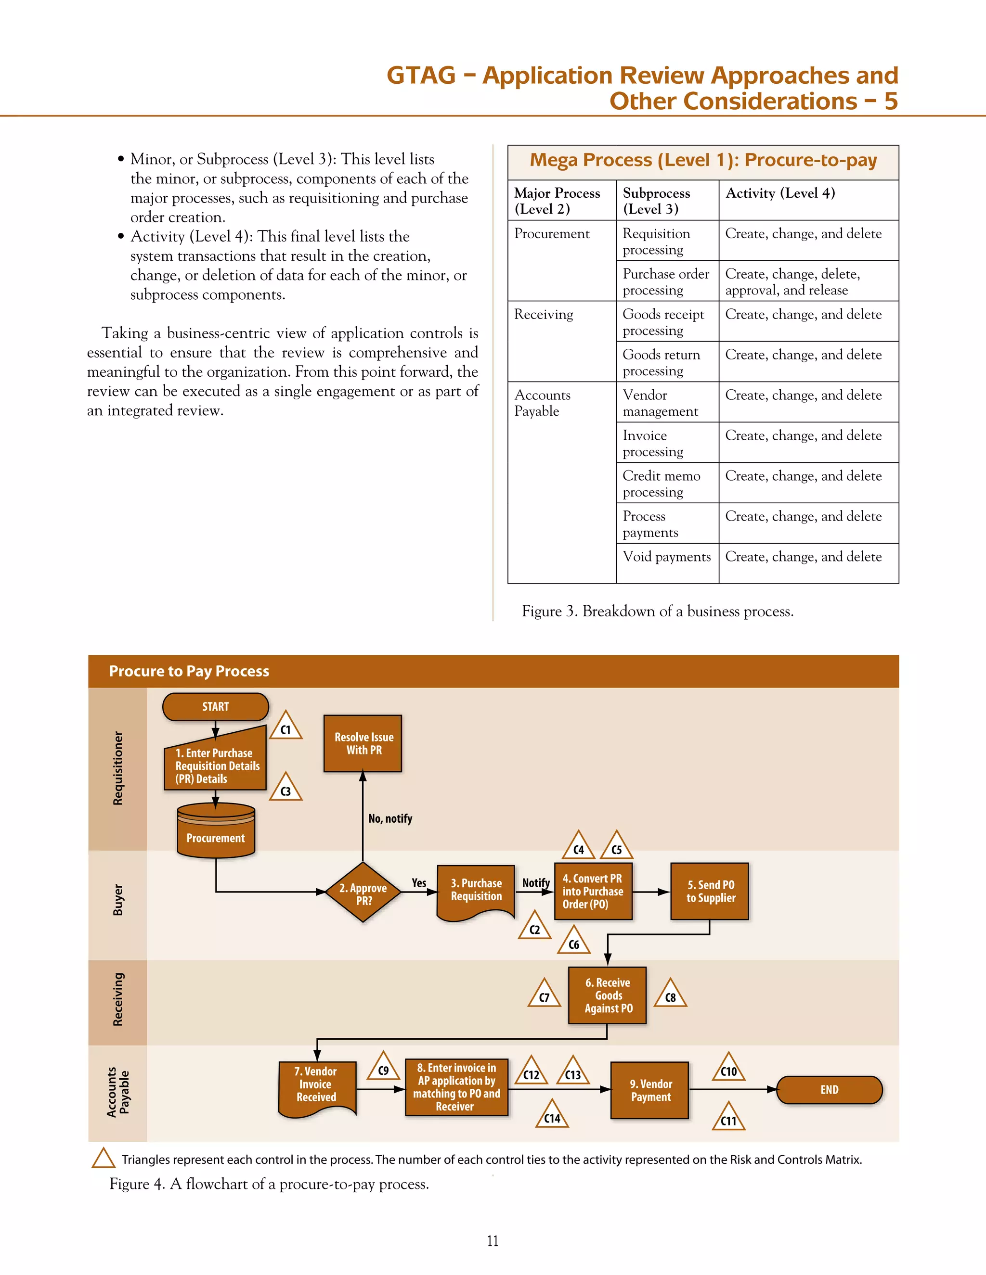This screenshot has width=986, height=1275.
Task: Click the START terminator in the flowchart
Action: tap(216, 706)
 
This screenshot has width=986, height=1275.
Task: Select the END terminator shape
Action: tap(829, 1090)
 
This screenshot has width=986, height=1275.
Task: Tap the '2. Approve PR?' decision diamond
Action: tap(363, 892)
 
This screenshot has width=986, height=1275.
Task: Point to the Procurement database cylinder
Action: tap(216, 831)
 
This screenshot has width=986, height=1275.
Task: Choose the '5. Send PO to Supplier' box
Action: tap(710, 892)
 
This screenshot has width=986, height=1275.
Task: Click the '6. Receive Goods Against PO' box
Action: tap(608, 995)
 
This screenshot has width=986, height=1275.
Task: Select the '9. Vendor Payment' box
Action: tap(650, 1090)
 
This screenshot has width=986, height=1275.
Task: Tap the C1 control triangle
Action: tap(285, 727)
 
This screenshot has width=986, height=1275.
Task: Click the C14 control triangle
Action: tap(552, 1116)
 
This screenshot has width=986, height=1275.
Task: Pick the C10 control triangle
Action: tap(728, 1069)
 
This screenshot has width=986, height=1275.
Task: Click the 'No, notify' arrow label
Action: tap(390, 818)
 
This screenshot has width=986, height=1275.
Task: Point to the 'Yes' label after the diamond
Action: tap(419, 883)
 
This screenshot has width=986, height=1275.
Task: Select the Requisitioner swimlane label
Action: tap(118, 768)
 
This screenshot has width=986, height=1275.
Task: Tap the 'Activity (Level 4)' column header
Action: tap(780, 193)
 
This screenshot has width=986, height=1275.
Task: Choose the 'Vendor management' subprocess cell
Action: tap(660, 403)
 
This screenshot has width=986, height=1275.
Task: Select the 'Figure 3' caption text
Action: tap(657, 611)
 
